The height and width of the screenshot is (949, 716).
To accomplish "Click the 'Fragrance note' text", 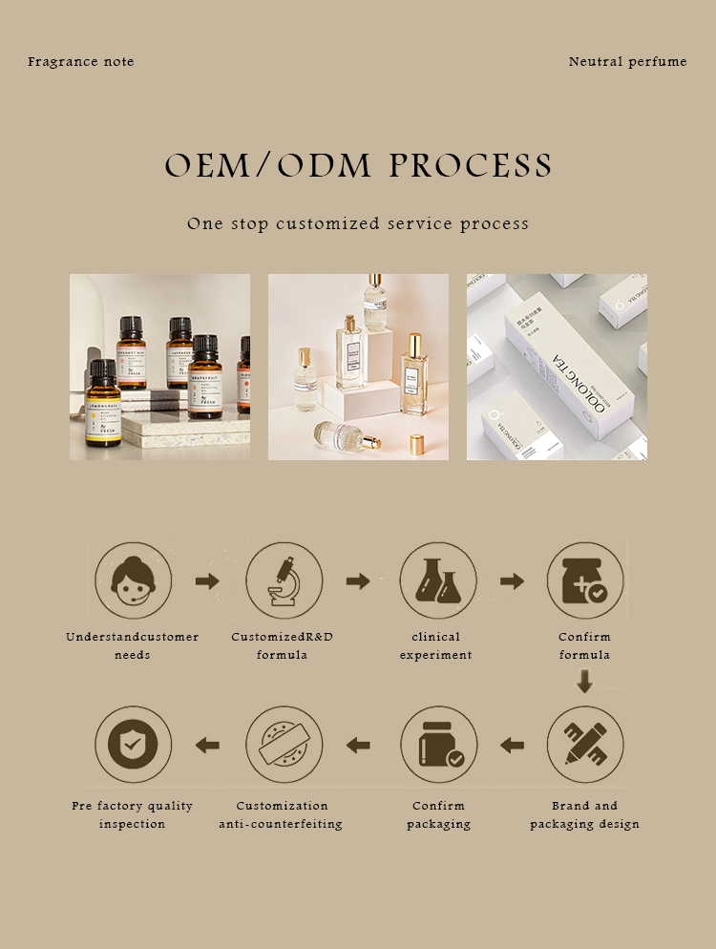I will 81,62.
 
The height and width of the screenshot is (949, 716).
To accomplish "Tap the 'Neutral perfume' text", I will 627,62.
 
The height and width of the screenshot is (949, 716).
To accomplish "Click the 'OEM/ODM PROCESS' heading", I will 358,166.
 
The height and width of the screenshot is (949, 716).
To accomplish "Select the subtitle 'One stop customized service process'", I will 358,224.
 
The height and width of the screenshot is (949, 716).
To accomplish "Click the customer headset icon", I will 133,580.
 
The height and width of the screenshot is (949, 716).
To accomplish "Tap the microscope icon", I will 284,580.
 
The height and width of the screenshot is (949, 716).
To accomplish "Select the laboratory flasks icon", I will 437,580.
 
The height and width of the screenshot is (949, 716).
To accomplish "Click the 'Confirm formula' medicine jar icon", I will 584,580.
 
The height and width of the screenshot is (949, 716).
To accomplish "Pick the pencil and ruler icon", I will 584,745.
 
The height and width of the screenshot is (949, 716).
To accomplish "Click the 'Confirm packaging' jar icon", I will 438,745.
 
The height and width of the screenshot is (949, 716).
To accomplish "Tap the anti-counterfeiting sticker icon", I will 284,745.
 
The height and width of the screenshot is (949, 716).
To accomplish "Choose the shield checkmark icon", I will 133,745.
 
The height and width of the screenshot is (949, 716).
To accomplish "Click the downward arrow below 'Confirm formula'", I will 585,681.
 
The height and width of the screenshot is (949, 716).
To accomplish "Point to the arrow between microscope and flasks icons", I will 358,581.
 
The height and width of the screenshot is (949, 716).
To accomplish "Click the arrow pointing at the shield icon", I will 207,745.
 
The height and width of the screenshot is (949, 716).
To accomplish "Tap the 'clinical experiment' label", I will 436,646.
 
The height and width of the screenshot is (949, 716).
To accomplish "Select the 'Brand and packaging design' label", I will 584,814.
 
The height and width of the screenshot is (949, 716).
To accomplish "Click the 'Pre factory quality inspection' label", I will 133,814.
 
